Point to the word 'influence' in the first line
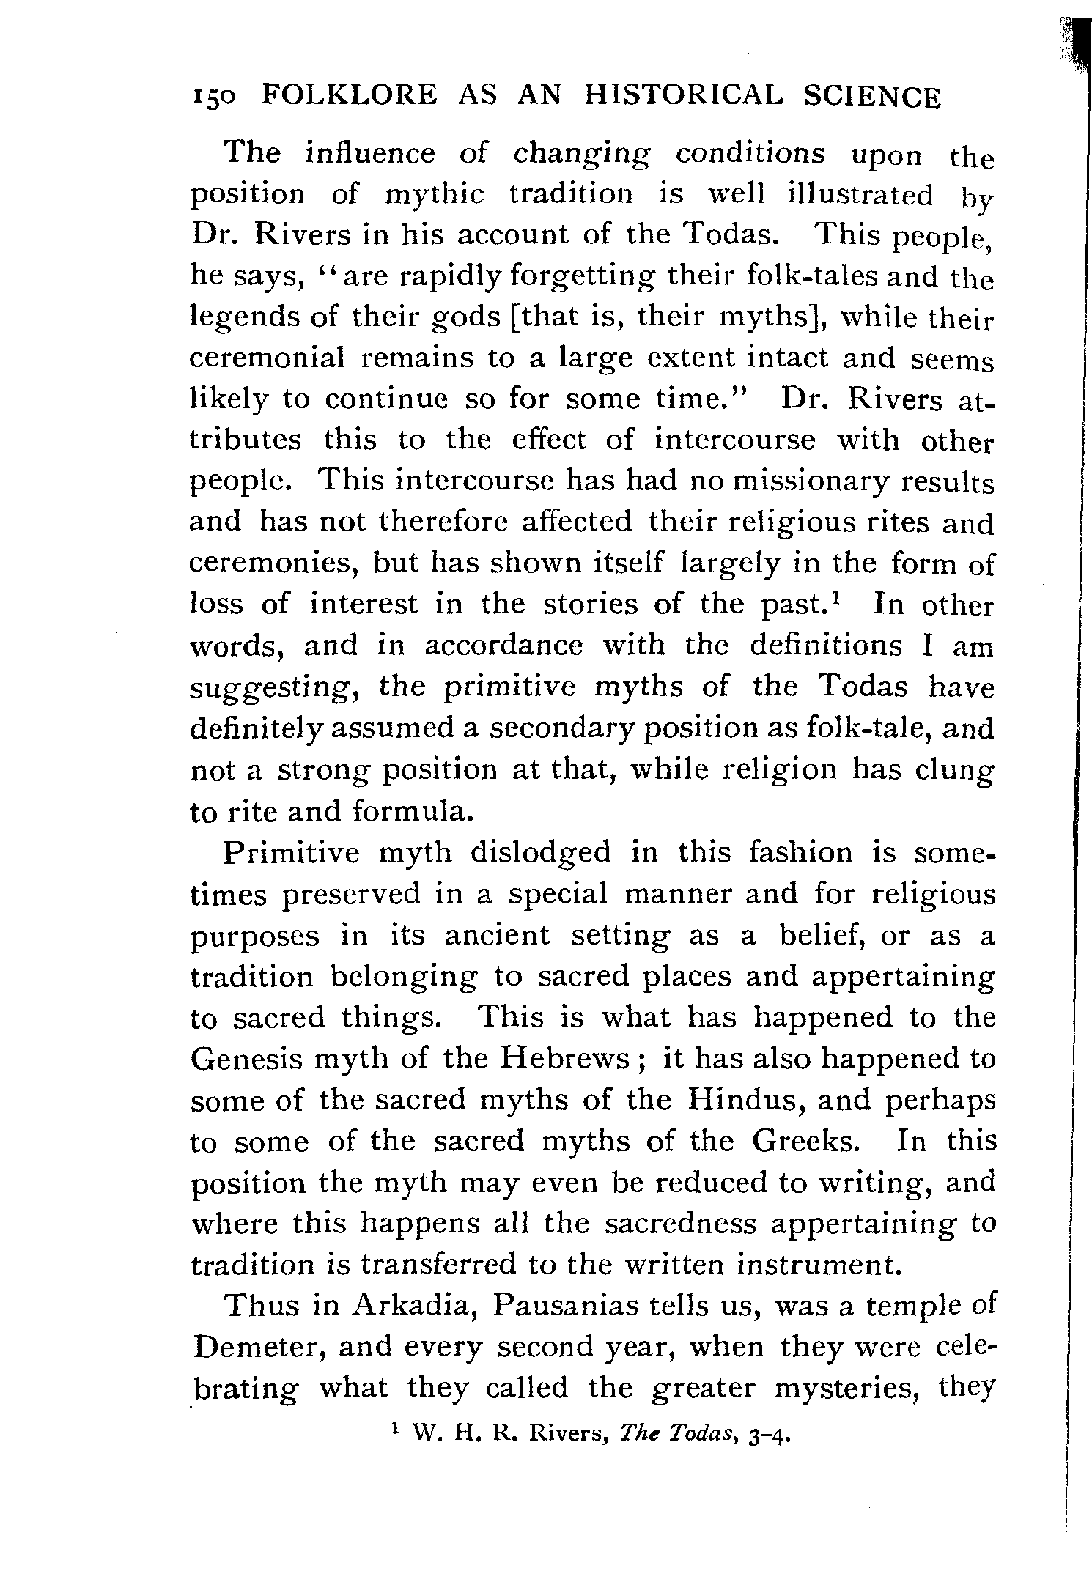click(x=369, y=153)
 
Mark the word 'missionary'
click(x=810, y=481)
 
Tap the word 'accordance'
click(x=503, y=646)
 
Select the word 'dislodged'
click(x=540, y=853)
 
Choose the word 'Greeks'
click(x=803, y=1141)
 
